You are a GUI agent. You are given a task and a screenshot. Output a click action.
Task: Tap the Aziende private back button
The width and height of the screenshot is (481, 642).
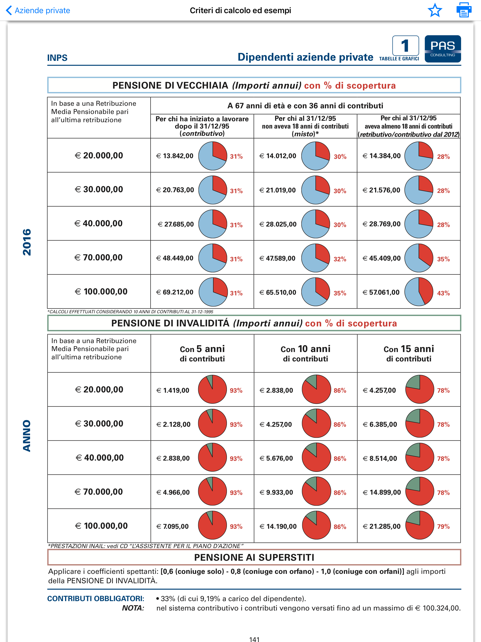tap(38, 10)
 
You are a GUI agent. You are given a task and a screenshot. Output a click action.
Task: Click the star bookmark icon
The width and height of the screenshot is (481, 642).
tap(434, 10)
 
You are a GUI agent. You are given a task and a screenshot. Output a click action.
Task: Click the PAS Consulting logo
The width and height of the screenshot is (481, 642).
tap(442, 49)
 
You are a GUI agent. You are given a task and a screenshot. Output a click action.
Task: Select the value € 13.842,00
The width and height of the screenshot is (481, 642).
tap(175, 156)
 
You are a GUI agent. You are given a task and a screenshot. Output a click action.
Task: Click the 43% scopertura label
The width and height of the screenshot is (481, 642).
tap(443, 293)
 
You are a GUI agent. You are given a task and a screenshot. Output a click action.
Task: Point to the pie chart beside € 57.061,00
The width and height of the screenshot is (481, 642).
tap(419, 291)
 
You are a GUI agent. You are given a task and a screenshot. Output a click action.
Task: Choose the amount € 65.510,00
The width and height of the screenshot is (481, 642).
tap(278, 292)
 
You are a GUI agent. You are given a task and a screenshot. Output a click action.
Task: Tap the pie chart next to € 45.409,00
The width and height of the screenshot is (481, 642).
tap(419, 258)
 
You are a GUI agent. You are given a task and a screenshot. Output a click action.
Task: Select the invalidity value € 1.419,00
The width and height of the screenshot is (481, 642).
tap(173, 390)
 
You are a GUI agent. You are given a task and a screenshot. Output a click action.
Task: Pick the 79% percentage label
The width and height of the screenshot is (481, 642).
tap(443, 526)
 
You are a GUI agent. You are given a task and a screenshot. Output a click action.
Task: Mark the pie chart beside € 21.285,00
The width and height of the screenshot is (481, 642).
tap(419, 525)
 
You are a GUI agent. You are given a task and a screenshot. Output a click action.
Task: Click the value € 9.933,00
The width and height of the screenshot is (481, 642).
tap(276, 492)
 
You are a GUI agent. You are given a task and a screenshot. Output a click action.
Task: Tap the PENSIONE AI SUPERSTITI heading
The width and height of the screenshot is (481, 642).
tap(254, 557)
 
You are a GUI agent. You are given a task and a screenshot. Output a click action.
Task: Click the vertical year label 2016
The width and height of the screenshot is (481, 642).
tap(27, 242)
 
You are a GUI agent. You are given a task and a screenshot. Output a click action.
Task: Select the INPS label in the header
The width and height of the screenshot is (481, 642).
tap(57, 58)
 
